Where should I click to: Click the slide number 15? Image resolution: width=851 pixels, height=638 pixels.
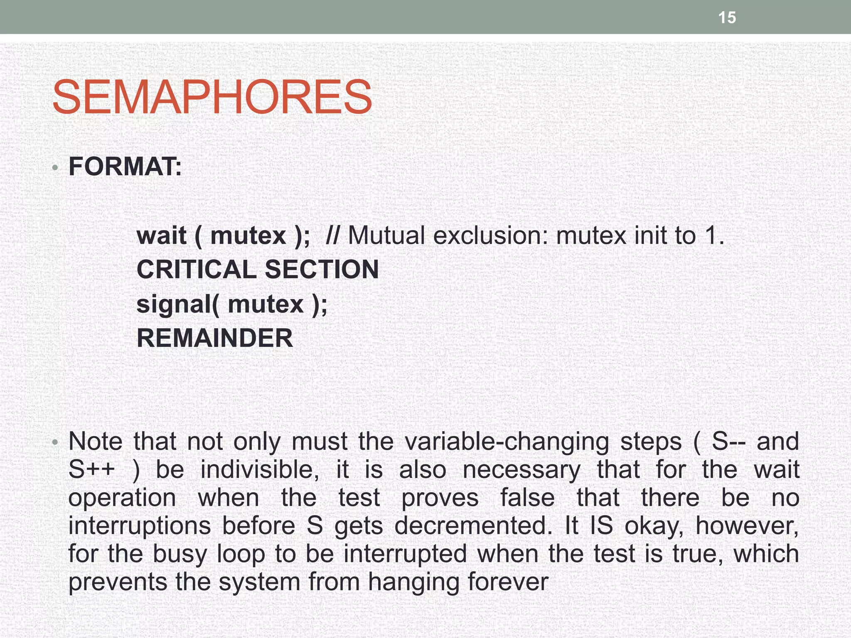[727, 18]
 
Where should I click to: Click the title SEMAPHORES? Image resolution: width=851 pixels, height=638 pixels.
[212, 98]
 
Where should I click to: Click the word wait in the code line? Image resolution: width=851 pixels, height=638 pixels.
[161, 236]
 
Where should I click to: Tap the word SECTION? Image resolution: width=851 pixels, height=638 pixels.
[322, 270]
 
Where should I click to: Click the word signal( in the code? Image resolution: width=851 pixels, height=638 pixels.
[177, 304]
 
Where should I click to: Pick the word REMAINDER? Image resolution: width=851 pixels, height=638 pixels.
[215, 338]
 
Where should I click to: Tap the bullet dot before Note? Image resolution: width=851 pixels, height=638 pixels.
[55, 443]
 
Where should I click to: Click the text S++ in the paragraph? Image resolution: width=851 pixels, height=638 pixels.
[91, 469]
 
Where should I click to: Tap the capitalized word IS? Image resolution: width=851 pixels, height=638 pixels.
[601, 525]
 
